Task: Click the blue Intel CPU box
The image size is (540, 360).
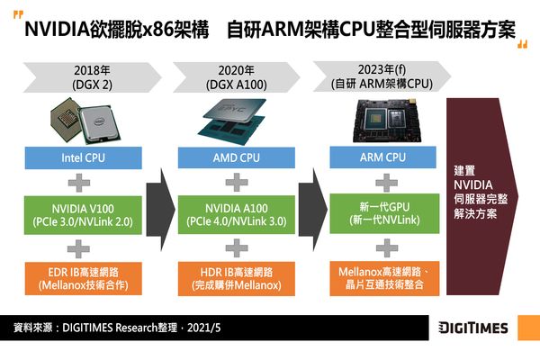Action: [x=83, y=157]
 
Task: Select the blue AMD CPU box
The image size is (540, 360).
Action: [x=236, y=157]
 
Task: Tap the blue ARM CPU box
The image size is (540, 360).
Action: [x=382, y=157]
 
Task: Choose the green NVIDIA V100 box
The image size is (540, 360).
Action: [x=83, y=215]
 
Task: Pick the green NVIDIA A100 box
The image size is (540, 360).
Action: [x=236, y=214]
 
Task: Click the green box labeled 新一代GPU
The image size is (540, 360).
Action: [x=384, y=213]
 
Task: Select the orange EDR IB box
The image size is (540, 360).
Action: [x=83, y=278]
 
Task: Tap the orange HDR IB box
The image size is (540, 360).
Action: [x=236, y=278]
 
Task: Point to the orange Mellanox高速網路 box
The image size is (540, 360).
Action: [x=384, y=278]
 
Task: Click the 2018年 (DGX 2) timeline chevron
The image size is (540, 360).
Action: [x=92, y=77]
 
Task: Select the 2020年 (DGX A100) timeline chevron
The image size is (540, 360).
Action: [x=236, y=77]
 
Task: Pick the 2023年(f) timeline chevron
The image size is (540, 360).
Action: [x=382, y=76]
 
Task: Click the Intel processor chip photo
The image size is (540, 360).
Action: [x=85, y=121]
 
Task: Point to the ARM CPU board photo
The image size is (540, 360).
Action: [x=387, y=121]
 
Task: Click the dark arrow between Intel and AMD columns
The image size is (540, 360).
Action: [x=160, y=210]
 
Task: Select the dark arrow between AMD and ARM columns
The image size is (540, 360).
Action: [x=312, y=210]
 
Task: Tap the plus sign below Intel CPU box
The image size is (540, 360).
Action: [x=79, y=183]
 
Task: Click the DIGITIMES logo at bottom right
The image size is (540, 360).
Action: [x=472, y=328]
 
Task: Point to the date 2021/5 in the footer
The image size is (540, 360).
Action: [x=204, y=328]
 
